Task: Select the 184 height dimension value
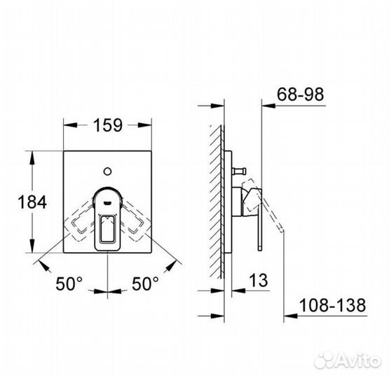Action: (33, 202)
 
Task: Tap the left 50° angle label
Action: (69, 283)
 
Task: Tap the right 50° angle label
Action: (145, 283)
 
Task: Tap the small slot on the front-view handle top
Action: (107, 198)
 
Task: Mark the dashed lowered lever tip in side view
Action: (280, 227)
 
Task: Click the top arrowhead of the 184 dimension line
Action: (33, 153)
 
